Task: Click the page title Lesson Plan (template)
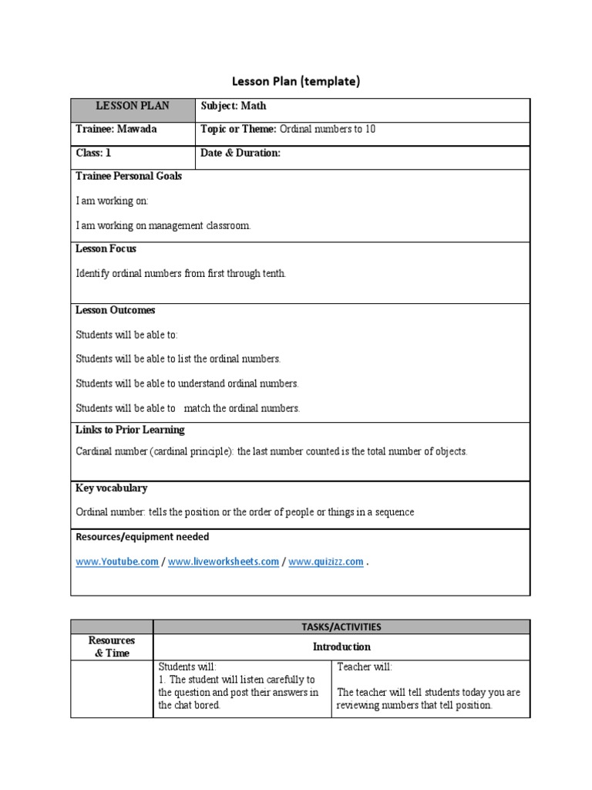click(x=296, y=81)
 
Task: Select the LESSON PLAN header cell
click(x=133, y=106)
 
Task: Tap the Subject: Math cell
click(x=234, y=106)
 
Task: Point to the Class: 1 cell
click(x=93, y=153)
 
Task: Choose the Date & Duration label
click(x=240, y=153)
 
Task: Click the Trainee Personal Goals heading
click(x=129, y=176)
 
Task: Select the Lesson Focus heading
click(x=106, y=249)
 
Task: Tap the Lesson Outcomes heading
click(x=115, y=310)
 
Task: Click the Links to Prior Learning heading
click(x=129, y=430)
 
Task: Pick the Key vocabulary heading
click(x=111, y=488)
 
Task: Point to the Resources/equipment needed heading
click(x=142, y=537)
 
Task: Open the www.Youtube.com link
click(x=117, y=562)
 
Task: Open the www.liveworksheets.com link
click(x=223, y=562)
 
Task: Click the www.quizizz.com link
click(x=325, y=562)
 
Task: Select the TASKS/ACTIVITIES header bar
click(x=341, y=627)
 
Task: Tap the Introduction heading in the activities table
click(x=341, y=647)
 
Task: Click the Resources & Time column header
click(x=112, y=647)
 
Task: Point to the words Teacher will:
click(x=365, y=667)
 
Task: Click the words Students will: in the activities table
click(x=187, y=667)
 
